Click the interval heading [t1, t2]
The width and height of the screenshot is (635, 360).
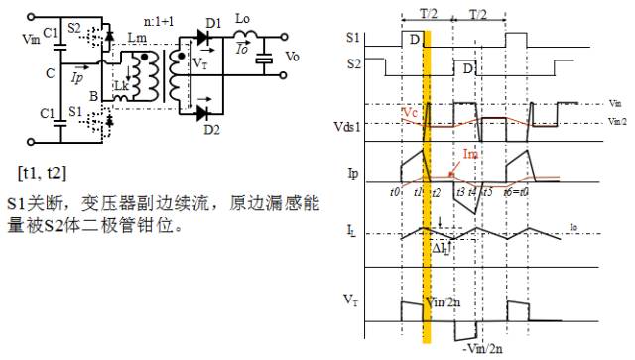pos(43,173)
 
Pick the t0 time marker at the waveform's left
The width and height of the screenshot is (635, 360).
pos(396,192)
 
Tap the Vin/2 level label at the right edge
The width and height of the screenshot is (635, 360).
pos(615,120)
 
